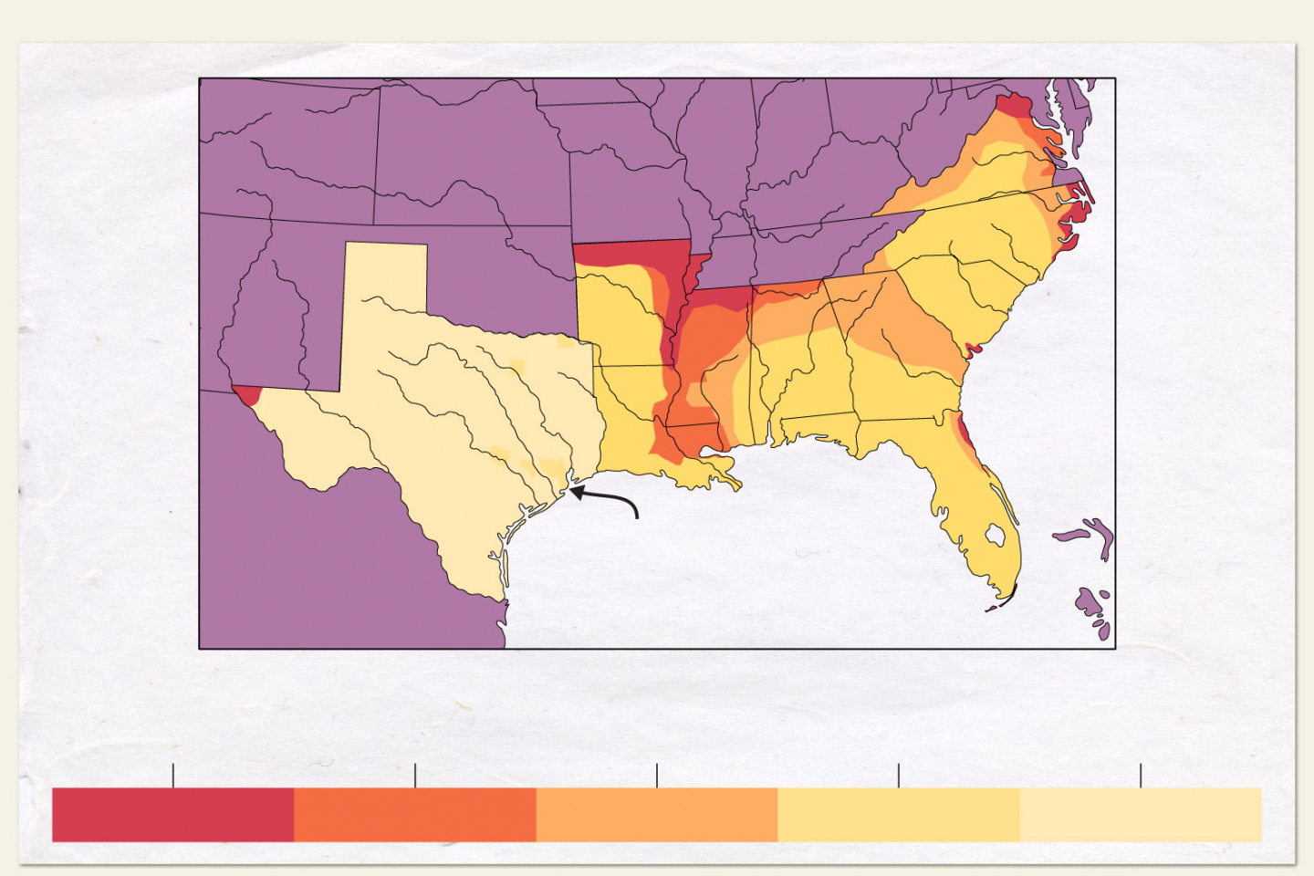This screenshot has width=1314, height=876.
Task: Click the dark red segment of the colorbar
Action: pyautogui.click(x=172, y=814)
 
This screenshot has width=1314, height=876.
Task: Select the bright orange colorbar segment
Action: pyautogui.click(x=414, y=814)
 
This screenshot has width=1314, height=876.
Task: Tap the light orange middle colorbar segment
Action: pyautogui.click(x=656, y=814)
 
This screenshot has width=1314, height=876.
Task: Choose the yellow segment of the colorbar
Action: pyautogui.click(x=898, y=814)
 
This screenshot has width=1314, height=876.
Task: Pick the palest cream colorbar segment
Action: pyautogui.click(x=1140, y=814)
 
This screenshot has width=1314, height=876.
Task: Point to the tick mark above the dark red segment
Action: pyautogui.click(x=173, y=776)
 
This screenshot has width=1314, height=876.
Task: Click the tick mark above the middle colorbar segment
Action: pyautogui.click(x=657, y=776)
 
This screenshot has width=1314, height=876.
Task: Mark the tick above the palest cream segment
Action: pyautogui.click(x=1141, y=776)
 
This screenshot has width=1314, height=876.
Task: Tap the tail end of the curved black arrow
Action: pyautogui.click(x=636, y=516)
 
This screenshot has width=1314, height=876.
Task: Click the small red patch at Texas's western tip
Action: pyautogui.click(x=247, y=395)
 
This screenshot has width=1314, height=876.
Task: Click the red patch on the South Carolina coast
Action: pyautogui.click(x=973, y=349)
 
